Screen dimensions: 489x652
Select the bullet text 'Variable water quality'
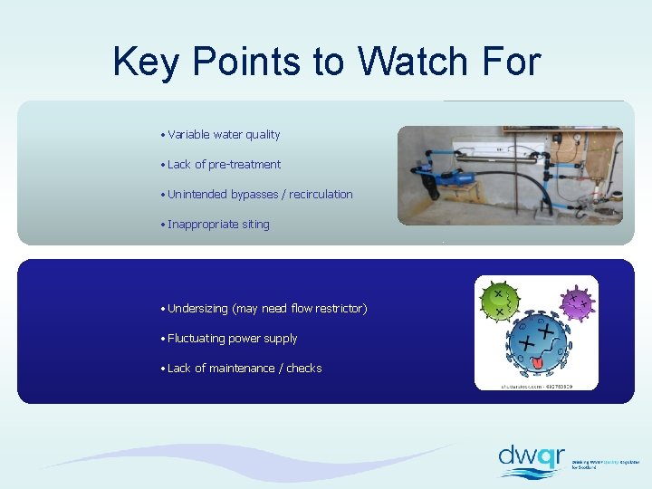(x=224, y=135)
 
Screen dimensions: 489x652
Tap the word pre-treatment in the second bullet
(x=244, y=165)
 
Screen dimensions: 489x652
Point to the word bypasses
(x=257, y=195)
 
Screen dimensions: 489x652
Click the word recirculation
(x=321, y=195)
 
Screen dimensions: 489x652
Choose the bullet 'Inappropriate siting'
(x=218, y=225)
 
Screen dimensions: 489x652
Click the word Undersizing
(x=198, y=309)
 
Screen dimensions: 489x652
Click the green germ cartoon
(x=500, y=302)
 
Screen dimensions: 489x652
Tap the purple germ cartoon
(x=576, y=303)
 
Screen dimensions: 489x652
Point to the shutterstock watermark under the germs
(x=536, y=386)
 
